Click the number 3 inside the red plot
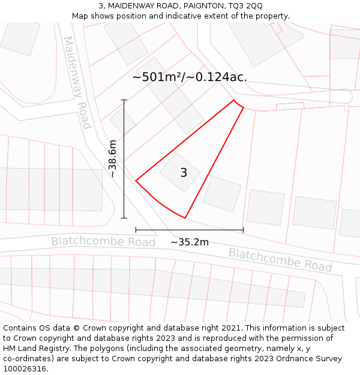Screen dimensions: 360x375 pyautogui.click(x=184, y=173)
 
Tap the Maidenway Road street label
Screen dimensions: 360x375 pyautogui.click(x=77, y=82)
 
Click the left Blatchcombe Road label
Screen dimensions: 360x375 pyautogui.click(x=103, y=241)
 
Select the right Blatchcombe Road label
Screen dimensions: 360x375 pyautogui.click(x=280, y=259)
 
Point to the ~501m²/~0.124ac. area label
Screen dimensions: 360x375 pyautogui.click(x=190, y=77)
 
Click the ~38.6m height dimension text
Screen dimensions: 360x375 pyautogui.click(x=112, y=158)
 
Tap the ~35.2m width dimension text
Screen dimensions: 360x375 pyautogui.click(x=190, y=242)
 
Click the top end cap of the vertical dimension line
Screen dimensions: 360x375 pyautogui.click(x=124, y=100)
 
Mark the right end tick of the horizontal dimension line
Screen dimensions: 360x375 pyautogui.click(x=244, y=230)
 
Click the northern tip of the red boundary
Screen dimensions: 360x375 pyautogui.click(x=234, y=100)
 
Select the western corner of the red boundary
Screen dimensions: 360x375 pyautogui.click(x=136, y=180)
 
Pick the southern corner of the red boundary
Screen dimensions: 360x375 pyautogui.click(x=185, y=218)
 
